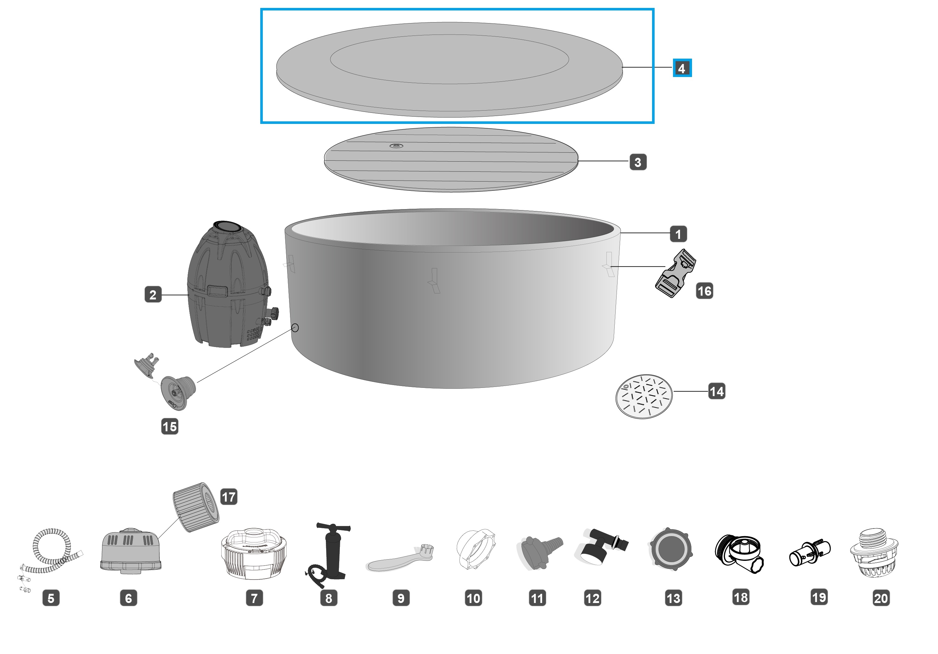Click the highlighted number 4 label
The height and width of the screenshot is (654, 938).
pos(682,68)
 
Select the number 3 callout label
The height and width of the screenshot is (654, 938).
pos(638,162)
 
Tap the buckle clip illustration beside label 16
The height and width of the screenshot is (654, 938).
pos(675,273)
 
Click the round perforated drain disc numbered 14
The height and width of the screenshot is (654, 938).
pos(644,396)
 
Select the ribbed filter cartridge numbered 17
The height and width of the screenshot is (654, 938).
pos(196,507)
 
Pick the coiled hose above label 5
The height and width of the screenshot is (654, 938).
pos(51,551)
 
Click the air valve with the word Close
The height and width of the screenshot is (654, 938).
pos(178,392)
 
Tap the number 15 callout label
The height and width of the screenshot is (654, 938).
pos(170,426)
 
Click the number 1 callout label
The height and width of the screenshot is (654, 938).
pos(678,234)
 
